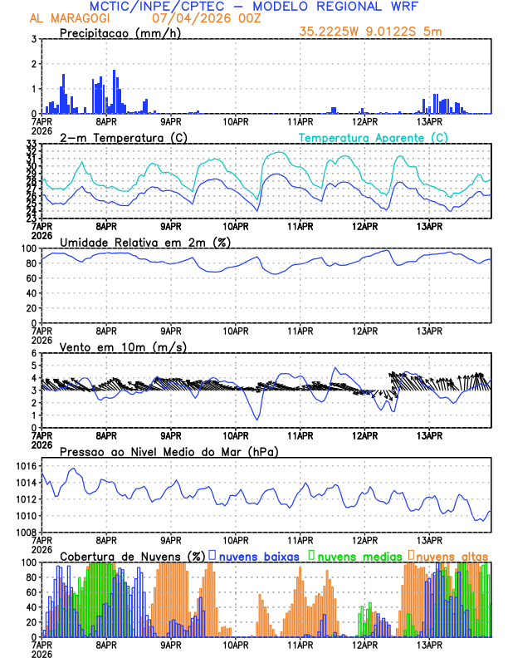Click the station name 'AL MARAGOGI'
click(x=61, y=17)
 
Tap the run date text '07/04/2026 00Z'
click(x=198, y=17)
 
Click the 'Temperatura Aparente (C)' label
click(x=373, y=137)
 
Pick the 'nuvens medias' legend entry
click(x=358, y=556)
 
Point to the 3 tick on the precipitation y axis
click(x=33, y=39)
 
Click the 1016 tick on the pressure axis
click(x=25, y=467)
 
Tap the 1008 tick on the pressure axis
click(x=25, y=532)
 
